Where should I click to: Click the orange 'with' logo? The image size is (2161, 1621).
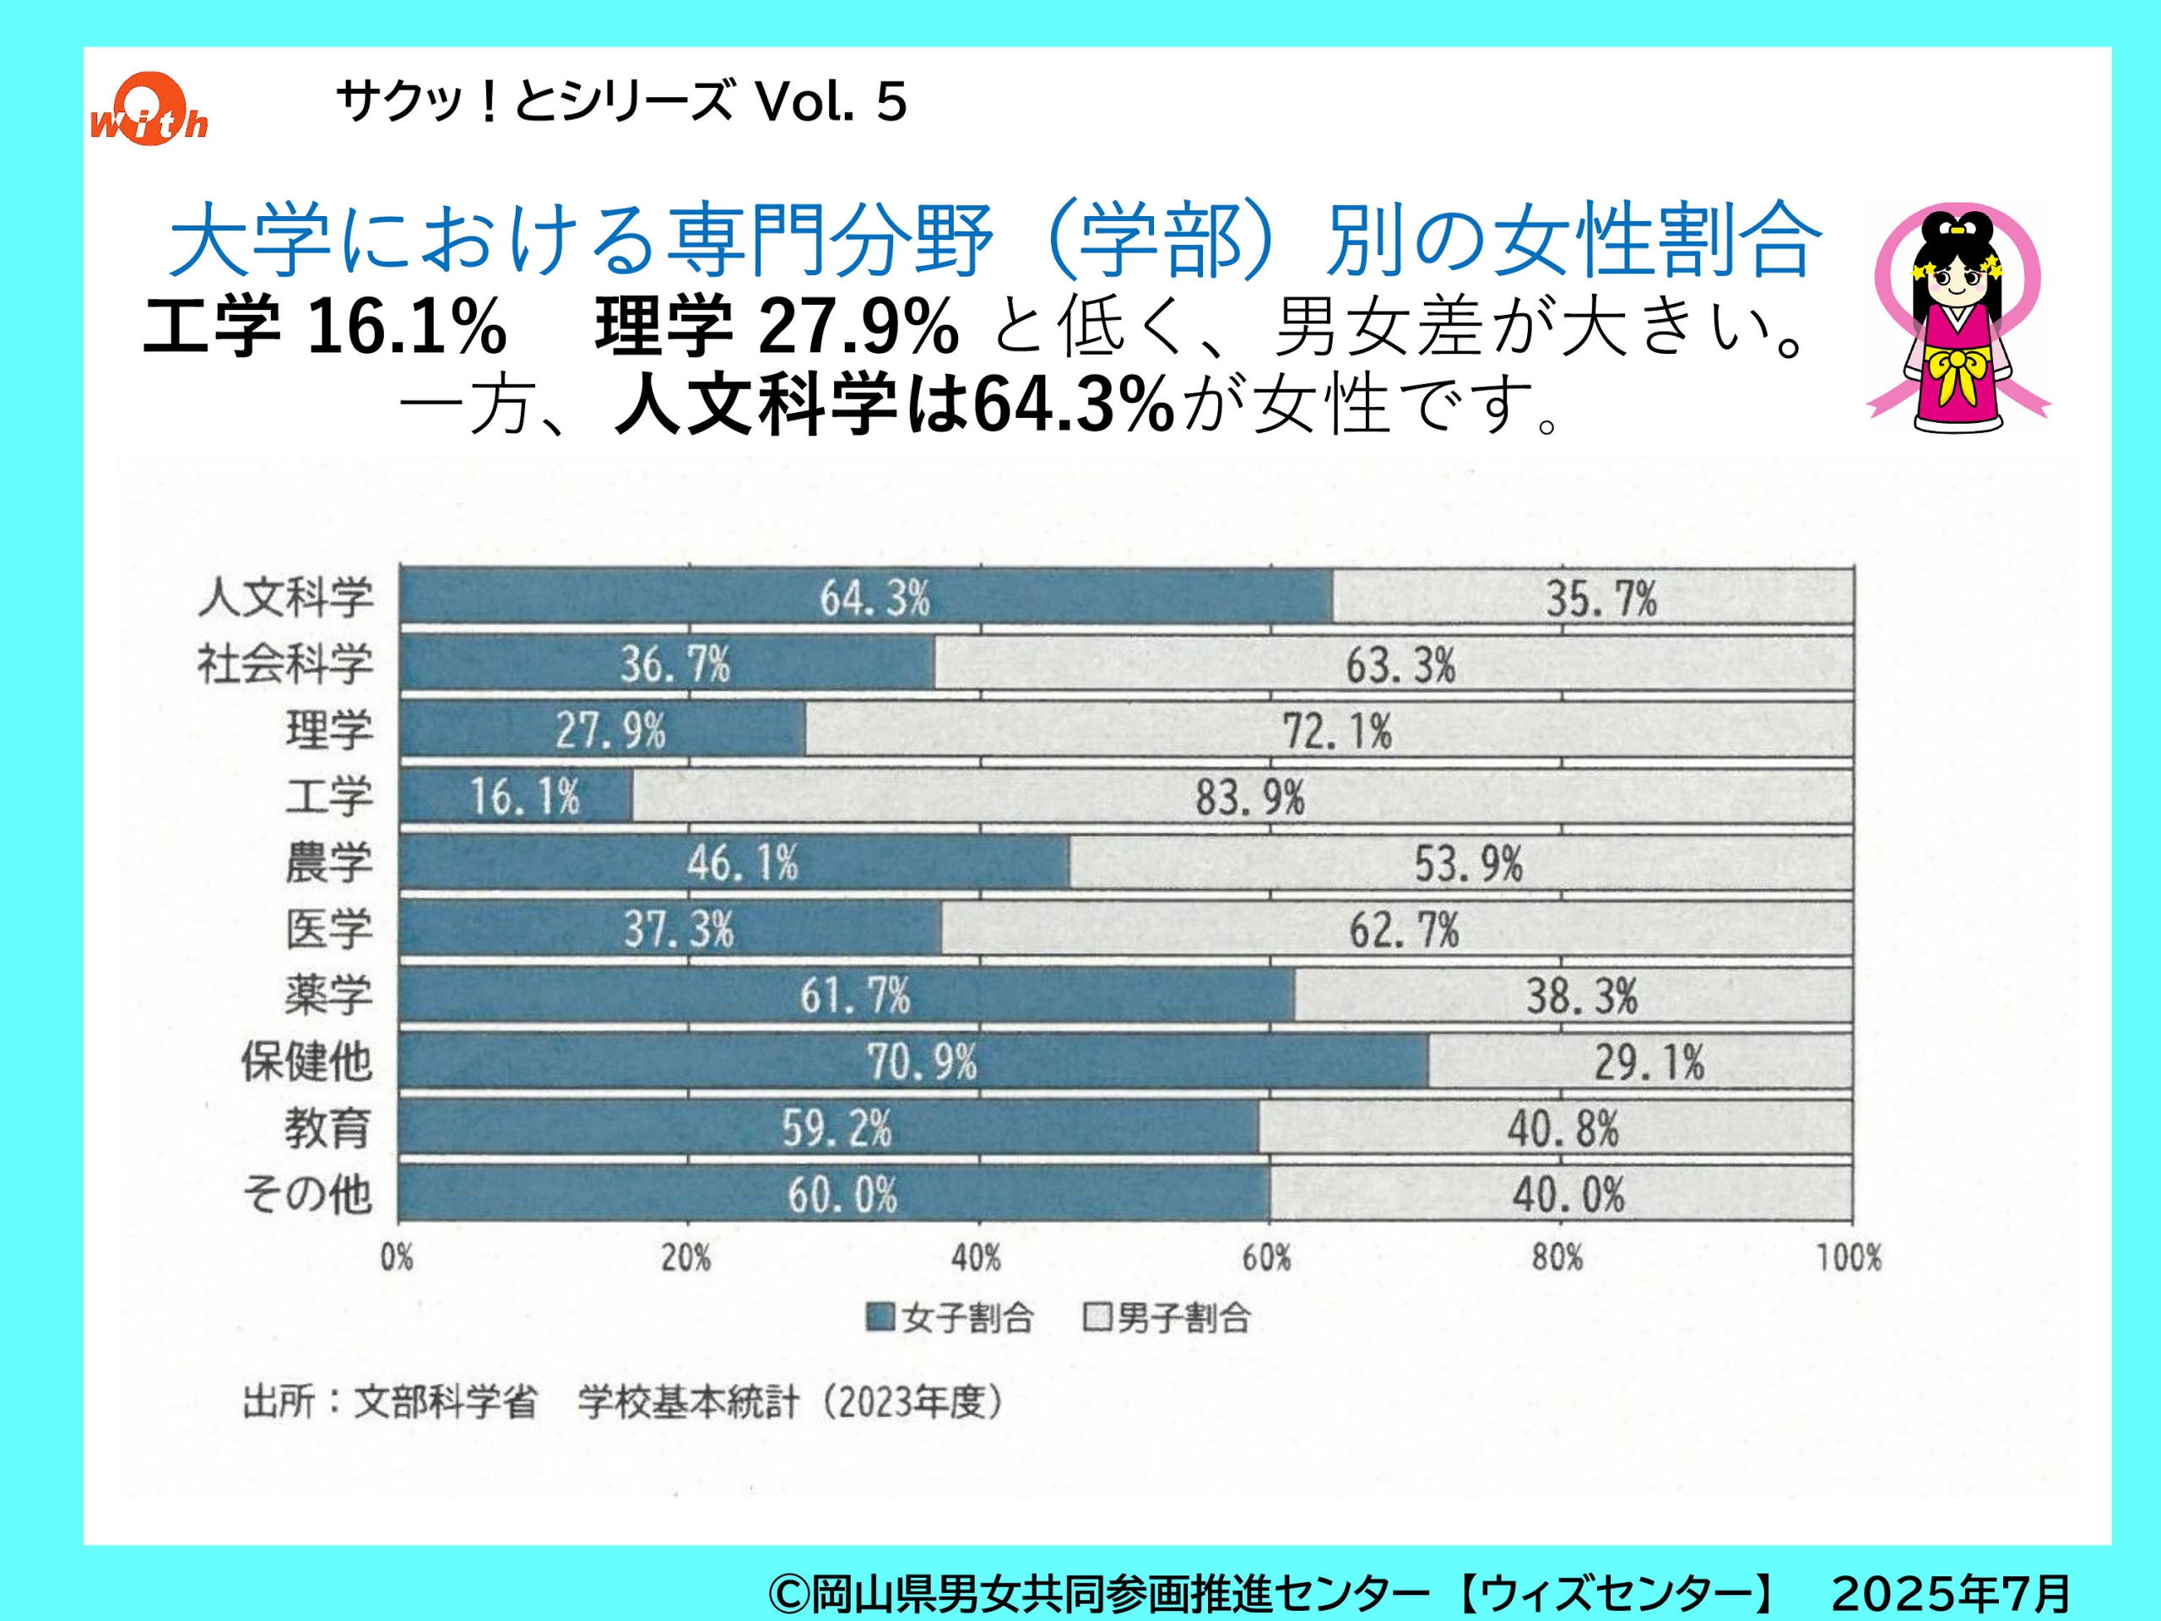pos(149,110)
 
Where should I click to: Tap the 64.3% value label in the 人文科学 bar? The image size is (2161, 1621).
pos(875,598)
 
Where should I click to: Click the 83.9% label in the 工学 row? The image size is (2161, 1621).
pos(1249,797)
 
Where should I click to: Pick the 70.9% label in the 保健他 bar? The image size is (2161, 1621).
pos(921,1062)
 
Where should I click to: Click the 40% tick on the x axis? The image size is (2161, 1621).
pos(976,1257)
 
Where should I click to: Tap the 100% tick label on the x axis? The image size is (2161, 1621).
pos(1849,1257)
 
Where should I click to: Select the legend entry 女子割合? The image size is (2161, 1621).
pos(951,1318)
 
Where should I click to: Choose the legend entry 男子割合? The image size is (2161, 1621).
pos(1167,1318)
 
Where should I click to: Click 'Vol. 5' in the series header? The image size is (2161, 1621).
pos(831,101)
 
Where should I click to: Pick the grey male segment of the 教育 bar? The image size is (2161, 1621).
pos(1553,1129)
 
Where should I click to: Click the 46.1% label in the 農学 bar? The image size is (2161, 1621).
pos(741,864)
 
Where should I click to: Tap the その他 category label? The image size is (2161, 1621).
pos(308,1194)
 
